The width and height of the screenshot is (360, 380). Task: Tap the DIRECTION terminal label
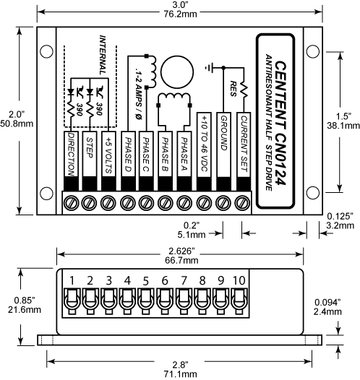(x=71, y=153)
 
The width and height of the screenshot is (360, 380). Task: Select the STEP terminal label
(x=90, y=144)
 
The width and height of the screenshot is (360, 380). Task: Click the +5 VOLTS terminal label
(x=108, y=148)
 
